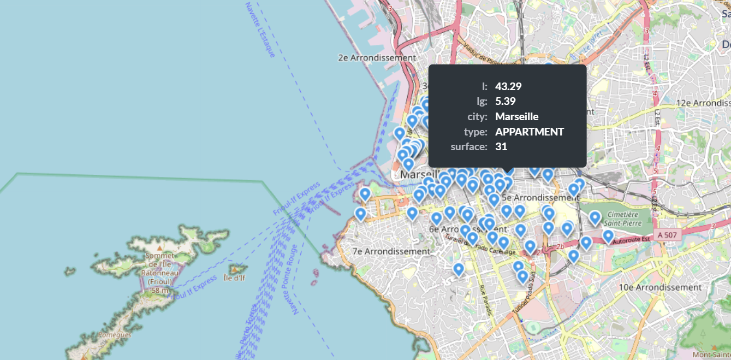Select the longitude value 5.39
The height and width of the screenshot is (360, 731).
pos(506,101)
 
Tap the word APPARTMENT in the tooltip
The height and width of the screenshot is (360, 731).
pos(530,132)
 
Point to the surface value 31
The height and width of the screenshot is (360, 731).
pos(501,146)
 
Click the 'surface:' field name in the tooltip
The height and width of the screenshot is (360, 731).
pos(468,146)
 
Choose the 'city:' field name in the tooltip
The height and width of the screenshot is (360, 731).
pos(477,116)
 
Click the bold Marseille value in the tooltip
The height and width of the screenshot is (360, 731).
pos(516,116)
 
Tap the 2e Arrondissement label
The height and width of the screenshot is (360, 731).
pos(377,57)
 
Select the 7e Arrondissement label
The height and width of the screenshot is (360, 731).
pos(391,251)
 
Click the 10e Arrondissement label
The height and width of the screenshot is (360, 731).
pos(660,287)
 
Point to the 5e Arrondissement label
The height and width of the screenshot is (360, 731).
pos(540,197)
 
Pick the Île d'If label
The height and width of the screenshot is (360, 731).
pos(235,278)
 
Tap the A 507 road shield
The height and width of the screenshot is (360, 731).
pos(667,235)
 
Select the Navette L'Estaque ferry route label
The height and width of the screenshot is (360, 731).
pos(260,30)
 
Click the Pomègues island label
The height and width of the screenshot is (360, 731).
pos(114,334)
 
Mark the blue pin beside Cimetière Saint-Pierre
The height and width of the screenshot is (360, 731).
pos(595,218)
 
